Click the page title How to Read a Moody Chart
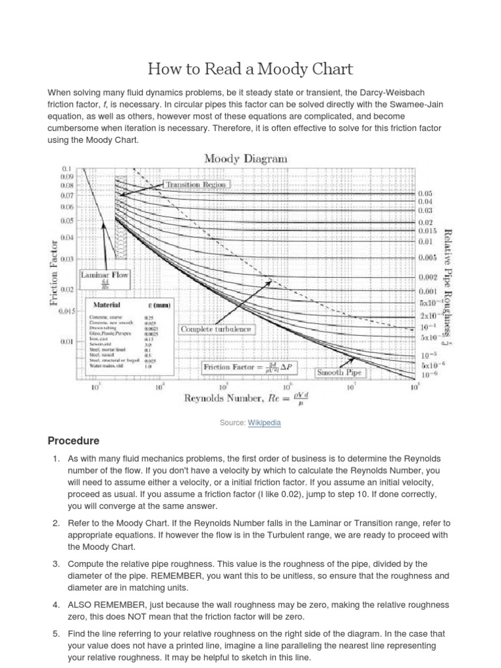(x=250, y=68)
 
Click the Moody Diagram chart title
(x=245, y=159)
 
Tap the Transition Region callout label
(x=196, y=185)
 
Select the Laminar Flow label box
(x=104, y=277)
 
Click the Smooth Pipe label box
(x=340, y=372)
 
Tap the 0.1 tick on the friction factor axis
(x=67, y=168)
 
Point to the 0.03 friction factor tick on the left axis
(x=67, y=260)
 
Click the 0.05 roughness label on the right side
(x=425, y=194)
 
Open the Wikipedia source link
(x=264, y=423)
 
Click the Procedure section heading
(x=74, y=441)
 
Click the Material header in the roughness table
(x=107, y=305)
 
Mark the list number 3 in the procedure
(x=56, y=564)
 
